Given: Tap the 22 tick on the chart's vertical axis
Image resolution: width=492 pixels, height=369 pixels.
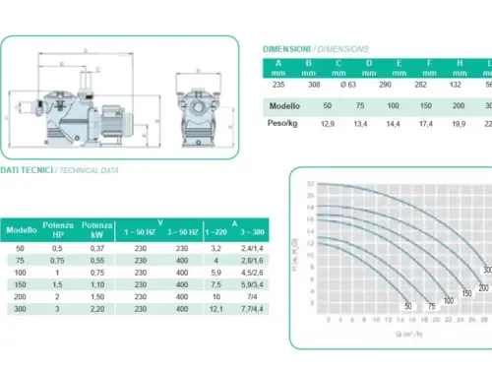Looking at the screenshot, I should (x=311, y=184).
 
